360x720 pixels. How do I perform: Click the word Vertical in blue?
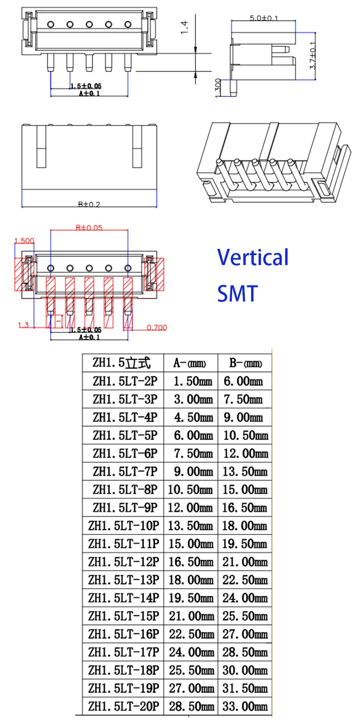[x=252, y=257]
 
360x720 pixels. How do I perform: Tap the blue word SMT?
[x=238, y=293]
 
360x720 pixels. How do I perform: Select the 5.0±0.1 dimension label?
[x=264, y=18]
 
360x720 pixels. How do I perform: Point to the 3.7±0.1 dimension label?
[x=313, y=56]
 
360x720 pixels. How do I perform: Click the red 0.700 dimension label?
[x=157, y=328]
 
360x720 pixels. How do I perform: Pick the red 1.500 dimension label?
[x=24, y=241]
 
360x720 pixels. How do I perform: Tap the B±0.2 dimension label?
[x=89, y=204]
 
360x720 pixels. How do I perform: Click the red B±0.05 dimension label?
[x=89, y=228]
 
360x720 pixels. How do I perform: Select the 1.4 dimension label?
[x=184, y=27]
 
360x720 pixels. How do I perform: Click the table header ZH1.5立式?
[x=121, y=363]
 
